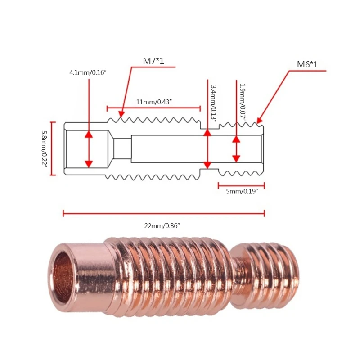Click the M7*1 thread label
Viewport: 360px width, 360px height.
tap(154, 61)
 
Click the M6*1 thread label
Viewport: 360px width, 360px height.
tap(307, 65)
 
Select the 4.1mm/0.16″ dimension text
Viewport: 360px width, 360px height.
tap(87, 72)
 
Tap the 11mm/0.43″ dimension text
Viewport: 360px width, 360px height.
tap(153, 102)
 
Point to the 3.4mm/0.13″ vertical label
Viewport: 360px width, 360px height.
tap(214, 103)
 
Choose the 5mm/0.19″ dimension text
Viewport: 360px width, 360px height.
tap(242, 191)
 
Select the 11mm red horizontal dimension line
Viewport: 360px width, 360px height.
tap(153, 108)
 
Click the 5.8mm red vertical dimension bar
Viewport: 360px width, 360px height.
tap(53, 148)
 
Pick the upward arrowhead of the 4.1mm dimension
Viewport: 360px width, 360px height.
tap(89, 134)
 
